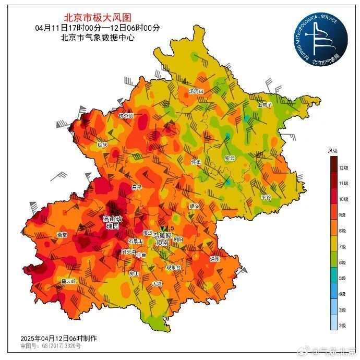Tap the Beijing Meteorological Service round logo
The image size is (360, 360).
(319, 39)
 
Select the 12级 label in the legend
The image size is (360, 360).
(343, 168)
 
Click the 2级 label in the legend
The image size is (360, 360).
(343, 326)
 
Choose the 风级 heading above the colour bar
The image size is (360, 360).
(332, 151)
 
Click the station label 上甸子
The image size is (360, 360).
(265, 104)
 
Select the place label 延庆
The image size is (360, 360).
(102, 144)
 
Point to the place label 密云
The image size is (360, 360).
(229, 158)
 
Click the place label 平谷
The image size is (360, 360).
(266, 198)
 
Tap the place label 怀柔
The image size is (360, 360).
(196, 162)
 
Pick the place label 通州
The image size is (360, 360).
(214, 259)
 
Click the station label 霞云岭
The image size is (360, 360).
(68, 281)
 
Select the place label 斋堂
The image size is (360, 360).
(62, 235)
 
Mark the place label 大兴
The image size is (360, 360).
(157, 284)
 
